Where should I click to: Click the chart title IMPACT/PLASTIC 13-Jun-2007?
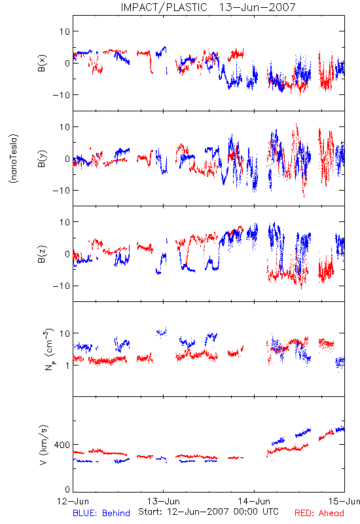(208, 7)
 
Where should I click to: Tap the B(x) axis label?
(42, 63)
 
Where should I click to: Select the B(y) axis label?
(42, 159)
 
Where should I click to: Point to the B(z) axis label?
(42, 254)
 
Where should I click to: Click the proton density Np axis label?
(48, 350)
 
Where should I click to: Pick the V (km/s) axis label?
(43, 445)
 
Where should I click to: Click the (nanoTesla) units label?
(14, 159)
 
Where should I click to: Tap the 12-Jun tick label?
(73, 501)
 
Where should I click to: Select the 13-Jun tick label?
(163, 501)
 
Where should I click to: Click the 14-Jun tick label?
(254, 501)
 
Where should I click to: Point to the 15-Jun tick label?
(344, 501)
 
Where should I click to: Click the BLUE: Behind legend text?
(101, 513)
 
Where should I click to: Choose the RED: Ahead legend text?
(319, 513)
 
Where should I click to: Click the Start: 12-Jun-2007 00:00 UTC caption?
(208, 512)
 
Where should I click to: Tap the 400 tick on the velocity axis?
(62, 445)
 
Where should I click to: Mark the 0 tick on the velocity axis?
(67, 489)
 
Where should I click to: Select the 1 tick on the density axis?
(67, 365)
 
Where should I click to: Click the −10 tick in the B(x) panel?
(61, 95)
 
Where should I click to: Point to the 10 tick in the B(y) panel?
(65, 127)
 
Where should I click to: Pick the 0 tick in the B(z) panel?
(67, 254)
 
